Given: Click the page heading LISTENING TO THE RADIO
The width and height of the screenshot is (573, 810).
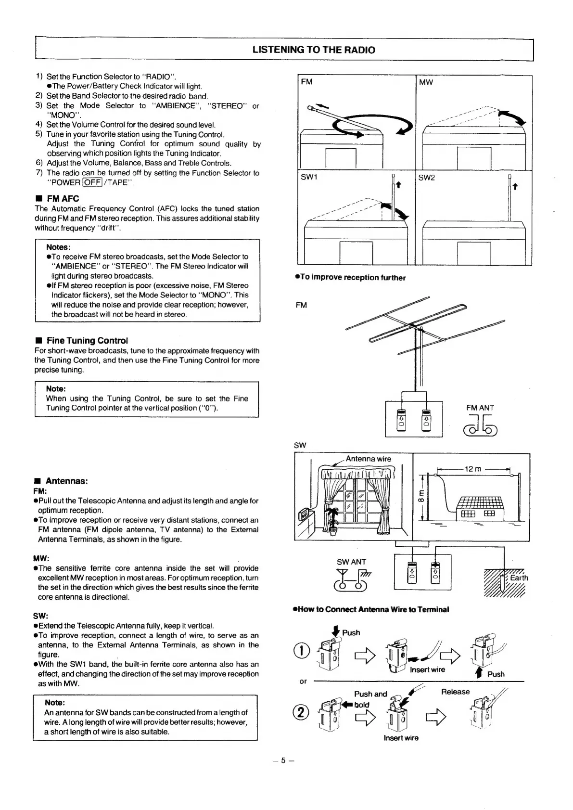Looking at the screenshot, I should tap(314, 50).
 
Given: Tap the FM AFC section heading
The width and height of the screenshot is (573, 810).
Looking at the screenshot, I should tap(63, 198).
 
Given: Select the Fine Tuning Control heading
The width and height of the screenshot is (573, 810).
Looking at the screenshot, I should tap(87, 340).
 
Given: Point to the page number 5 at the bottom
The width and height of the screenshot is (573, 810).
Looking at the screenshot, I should tap(283, 760).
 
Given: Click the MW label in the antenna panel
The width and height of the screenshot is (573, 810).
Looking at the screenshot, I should tap(426, 82).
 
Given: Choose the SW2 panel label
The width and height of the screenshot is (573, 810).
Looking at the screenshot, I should tap(427, 178).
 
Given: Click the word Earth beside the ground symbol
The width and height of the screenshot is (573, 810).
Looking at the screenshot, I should tap(519, 578).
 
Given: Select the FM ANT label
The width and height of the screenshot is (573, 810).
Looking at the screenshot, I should tap(480, 408).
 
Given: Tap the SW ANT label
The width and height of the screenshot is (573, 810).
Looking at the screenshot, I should tap(351, 562).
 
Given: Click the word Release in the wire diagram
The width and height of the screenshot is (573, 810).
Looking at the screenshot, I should tap(455, 692).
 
